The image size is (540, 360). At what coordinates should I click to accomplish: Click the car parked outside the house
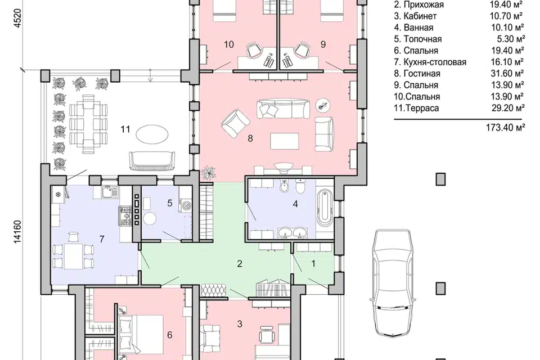(x=393, y=282)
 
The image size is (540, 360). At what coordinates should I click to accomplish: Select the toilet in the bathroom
(x=300, y=186)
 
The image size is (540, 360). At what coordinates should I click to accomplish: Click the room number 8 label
(x=250, y=138)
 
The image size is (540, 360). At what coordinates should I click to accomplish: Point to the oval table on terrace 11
(x=152, y=134)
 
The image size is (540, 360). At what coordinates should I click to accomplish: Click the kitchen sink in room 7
(x=110, y=192)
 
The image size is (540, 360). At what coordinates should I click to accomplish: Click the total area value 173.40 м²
(x=506, y=128)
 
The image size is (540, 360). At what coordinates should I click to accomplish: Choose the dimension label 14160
(x=17, y=232)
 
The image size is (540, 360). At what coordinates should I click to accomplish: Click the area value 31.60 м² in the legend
(x=507, y=74)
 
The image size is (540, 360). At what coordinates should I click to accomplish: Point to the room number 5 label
(x=169, y=203)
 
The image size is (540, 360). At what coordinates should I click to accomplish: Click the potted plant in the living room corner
(x=208, y=172)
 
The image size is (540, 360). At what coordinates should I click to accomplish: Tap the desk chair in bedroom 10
(x=253, y=50)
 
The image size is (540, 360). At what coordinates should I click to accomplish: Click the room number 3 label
(x=240, y=324)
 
